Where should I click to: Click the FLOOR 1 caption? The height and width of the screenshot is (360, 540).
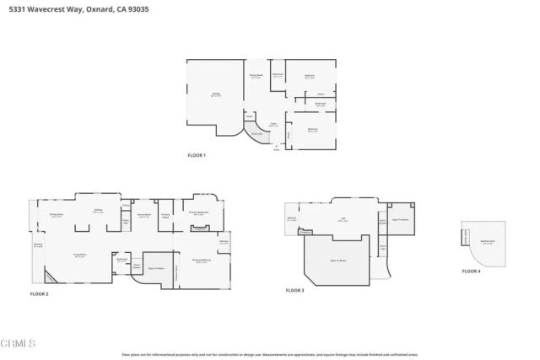click(x=196, y=155)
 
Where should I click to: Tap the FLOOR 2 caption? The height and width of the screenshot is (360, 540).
click(x=39, y=293)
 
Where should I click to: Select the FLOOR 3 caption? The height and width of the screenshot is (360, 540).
click(x=294, y=290)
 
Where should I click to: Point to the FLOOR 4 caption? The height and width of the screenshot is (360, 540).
click(x=470, y=271)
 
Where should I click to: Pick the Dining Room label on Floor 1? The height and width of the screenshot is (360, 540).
click(x=255, y=76)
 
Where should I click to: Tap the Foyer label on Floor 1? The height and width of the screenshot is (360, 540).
click(x=273, y=124)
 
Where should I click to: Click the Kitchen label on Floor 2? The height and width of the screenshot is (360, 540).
click(x=98, y=210)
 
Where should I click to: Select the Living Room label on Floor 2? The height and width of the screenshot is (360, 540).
click(x=79, y=255)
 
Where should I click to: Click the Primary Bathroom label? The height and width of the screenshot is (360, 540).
click(x=199, y=213)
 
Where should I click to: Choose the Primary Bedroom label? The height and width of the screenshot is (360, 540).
click(x=201, y=261)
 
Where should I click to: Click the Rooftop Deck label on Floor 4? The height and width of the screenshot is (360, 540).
click(x=487, y=241)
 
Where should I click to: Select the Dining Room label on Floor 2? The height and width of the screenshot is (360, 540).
click(x=56, y=215)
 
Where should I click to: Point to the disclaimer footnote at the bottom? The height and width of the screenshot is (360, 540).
click(x=270, y=354)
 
